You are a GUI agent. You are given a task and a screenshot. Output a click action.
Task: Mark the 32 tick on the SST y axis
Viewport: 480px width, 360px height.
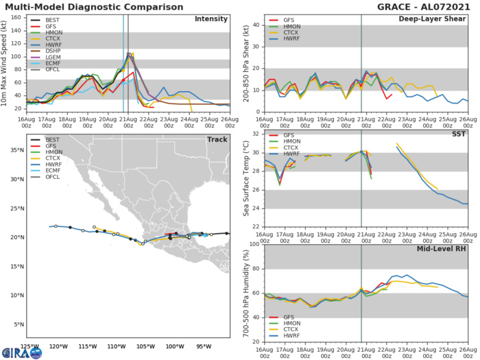click(254, 133)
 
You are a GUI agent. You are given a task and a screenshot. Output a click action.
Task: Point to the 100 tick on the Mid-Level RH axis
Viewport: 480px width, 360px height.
click(252, 244)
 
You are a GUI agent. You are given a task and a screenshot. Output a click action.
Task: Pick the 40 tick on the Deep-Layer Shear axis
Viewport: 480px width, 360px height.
click(254, 25)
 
